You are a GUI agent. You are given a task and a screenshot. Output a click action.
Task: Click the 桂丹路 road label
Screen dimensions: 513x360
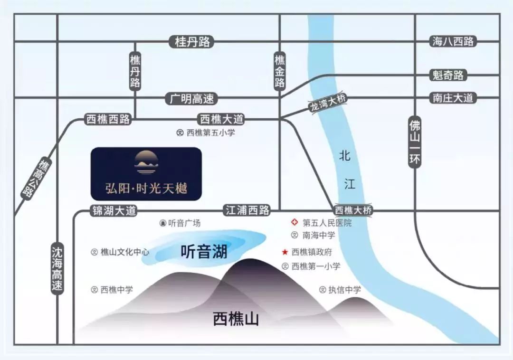coord(192,42)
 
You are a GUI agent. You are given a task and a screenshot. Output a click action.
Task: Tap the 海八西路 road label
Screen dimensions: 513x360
coord(453,41)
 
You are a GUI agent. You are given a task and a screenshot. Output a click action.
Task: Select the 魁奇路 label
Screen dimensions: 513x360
coord(448,75)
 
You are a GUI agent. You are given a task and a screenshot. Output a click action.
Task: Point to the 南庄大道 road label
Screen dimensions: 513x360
coord(453,98)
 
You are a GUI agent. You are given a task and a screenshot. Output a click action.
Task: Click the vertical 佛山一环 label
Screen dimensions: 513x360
coord(415,142)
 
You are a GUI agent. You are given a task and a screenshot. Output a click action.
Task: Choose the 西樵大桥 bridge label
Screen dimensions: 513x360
coord(353,210)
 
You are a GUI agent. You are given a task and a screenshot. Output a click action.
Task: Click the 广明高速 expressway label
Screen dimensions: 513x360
coord(192,98)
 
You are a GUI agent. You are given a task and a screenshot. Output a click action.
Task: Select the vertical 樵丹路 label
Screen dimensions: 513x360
coord(135,71)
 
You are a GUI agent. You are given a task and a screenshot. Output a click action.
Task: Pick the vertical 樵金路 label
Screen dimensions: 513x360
coord(279,71)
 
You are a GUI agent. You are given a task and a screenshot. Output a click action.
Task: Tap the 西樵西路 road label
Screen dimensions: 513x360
coord(108,119)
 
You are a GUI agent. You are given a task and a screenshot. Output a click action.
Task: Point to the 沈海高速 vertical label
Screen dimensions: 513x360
coord(57,269)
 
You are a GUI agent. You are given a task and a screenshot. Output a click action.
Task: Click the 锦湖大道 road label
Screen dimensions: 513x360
coord(114,210)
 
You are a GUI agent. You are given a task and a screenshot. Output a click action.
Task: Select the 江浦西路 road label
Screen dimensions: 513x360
coord(247,210)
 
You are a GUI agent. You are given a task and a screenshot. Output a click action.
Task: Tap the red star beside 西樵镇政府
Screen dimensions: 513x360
coord(285,252)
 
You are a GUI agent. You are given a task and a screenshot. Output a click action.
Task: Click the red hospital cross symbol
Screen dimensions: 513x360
coord(294,222)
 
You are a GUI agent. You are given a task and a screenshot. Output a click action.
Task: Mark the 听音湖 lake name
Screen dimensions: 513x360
coord(204,251)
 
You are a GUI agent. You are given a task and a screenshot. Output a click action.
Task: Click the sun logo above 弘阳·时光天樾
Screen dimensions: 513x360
coord(146,162)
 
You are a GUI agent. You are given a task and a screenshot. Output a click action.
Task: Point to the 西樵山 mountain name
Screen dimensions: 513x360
coord(236,319)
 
